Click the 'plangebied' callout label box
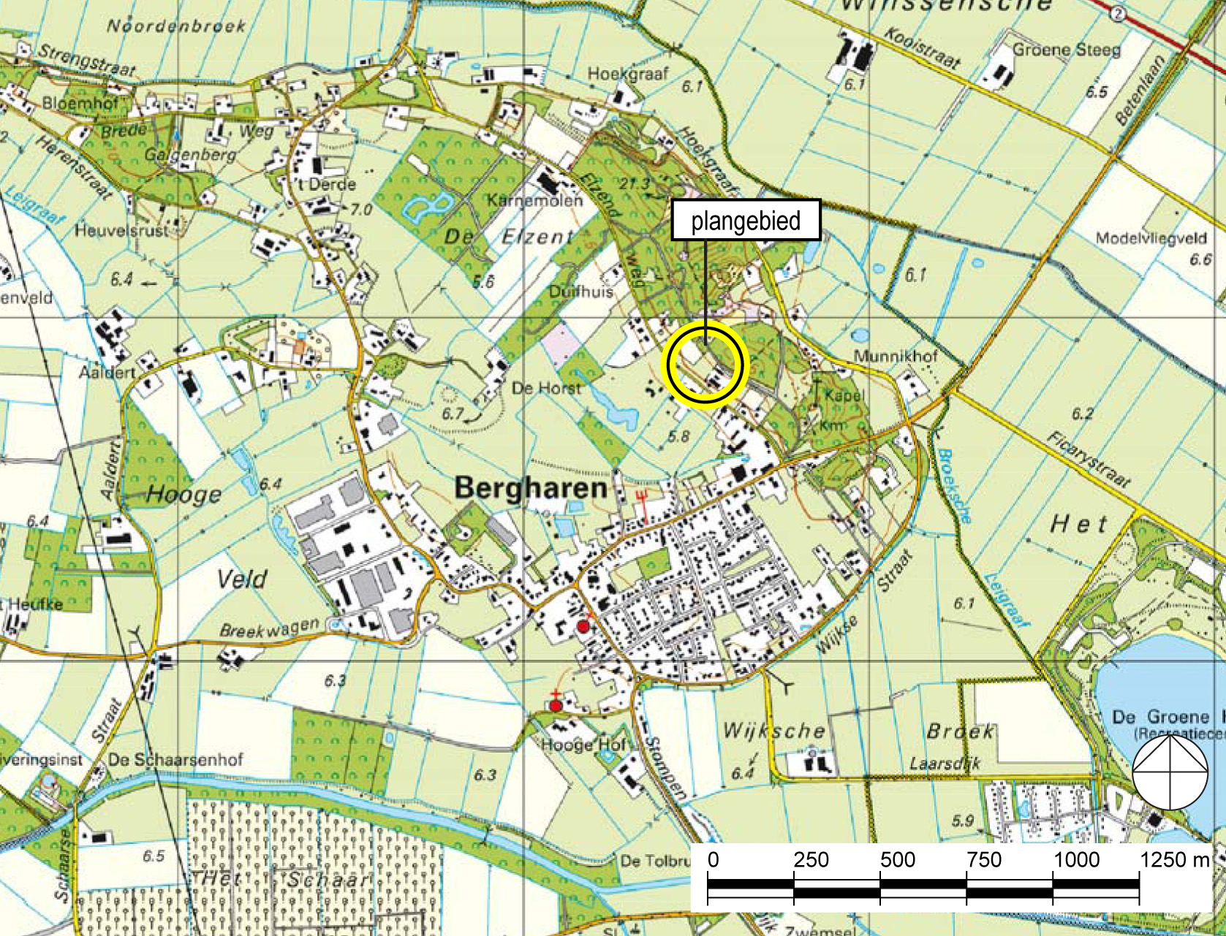(746, 220)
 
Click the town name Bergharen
(531, 487)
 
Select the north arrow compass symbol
(1170, 772)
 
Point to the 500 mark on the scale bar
(898, 860)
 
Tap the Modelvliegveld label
(1151, 238)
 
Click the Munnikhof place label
(896, 356)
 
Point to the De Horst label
(546, 387)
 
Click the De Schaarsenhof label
(175, 759)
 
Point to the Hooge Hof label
(583, 745)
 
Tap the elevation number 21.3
(634, 184)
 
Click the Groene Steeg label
(1066, 50)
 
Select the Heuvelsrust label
(121, 230)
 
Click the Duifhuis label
(581, 291)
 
